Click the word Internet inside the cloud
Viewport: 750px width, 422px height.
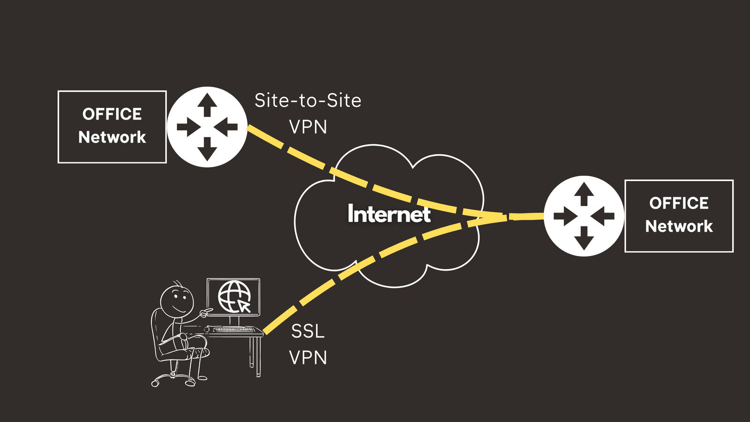point(389,214)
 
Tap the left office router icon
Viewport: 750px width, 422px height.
point(207,127)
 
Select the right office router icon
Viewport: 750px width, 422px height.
point(584,216)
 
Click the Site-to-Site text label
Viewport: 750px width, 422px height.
point(308,100)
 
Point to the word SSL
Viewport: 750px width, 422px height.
point(308,332)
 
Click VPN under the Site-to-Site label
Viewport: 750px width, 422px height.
point(308,127)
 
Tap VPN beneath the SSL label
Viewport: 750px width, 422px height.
point(308,358)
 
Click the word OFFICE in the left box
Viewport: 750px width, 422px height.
point(112,114)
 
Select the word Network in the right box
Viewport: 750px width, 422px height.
point(679,226)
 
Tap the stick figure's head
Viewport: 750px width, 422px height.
point(177,301)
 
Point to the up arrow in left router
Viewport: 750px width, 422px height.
point(207,104)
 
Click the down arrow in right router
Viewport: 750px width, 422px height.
point(584,238)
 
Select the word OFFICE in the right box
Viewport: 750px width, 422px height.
point(679,203)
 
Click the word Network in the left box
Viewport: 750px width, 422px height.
point(112,137)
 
